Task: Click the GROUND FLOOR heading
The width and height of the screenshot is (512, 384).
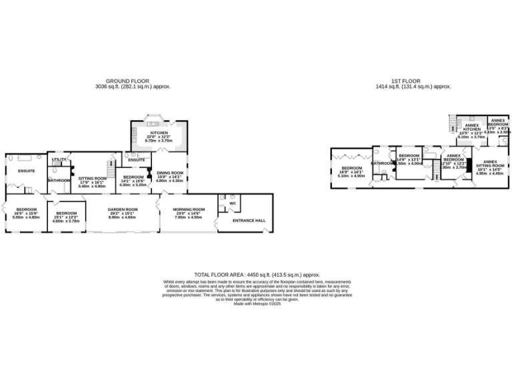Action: (x=131, y=81)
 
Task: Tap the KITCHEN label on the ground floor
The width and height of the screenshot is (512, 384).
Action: (x=158, y=133)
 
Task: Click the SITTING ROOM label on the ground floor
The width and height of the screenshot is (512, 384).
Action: (x=93, y=179)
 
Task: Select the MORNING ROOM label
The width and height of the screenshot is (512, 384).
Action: (x=188, y=209)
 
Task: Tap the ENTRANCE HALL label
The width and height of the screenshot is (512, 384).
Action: (x=247, y=220)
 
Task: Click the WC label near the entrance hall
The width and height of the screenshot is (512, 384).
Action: (x=232, y=204)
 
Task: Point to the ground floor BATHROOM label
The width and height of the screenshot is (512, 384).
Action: (x=59, y=179)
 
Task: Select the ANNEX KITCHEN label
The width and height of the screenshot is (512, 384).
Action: (x=472, y=127)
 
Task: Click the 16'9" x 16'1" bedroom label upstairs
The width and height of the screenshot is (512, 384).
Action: (x=352, y=168)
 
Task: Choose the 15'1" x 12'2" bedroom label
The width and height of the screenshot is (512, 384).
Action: (x=67, y=213)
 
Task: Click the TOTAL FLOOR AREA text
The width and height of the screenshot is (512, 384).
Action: (x=257, y=275)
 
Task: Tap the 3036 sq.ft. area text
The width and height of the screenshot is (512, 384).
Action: (x=131, y=87)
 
